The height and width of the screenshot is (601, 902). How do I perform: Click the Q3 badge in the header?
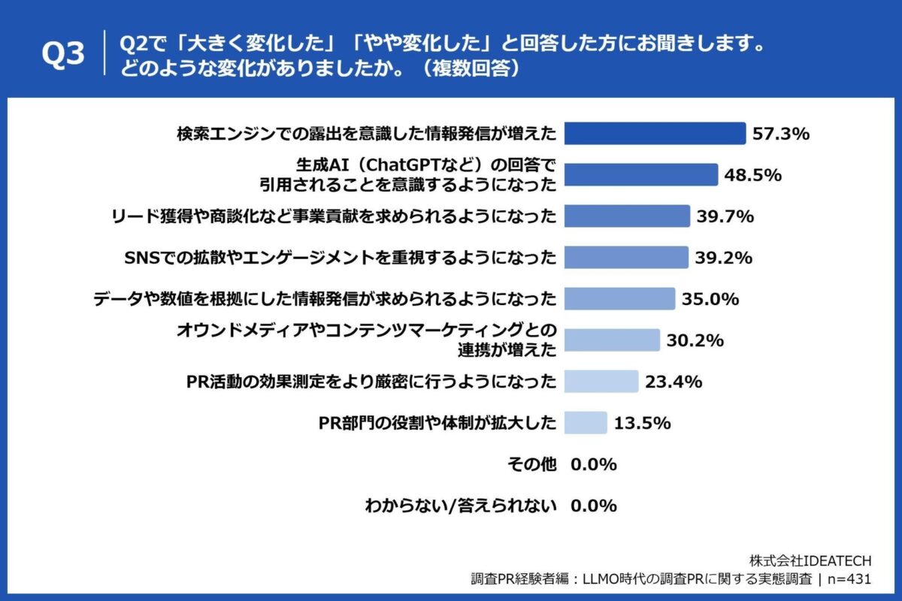tap(63, 56)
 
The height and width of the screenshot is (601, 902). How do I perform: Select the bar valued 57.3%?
tap(654, 134)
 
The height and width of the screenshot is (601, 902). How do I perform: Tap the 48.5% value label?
tap(753, 175)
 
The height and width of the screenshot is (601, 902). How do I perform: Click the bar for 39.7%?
tap(626, 216)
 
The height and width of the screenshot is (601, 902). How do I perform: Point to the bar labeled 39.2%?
tap(625, 258)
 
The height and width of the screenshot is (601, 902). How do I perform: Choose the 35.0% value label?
tap(710, 299)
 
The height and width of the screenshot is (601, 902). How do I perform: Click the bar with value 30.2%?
tap(612, 340)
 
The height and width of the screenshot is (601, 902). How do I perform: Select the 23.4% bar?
tap(601, 382)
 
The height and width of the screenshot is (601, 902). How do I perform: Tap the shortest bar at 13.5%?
tap(585, 423)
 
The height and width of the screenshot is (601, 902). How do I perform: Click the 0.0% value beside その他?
tap(594, 464)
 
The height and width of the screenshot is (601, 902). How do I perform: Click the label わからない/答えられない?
tap(460, 506)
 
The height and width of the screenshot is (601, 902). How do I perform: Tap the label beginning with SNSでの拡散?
tap(338, 258)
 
